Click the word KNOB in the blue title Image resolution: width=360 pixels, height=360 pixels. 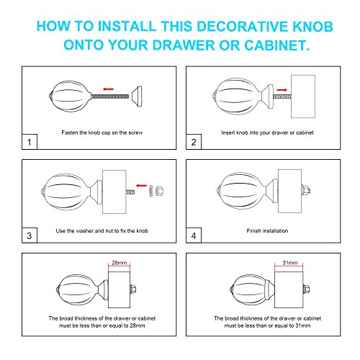click(x=312, y=26)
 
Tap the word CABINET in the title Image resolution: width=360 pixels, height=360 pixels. click(x=277, y=45)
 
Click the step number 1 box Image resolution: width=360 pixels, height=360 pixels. click(x=30, y=142)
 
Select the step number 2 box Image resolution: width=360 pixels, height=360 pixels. click(x=194, y=142)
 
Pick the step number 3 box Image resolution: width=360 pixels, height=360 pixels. click(x=30, y=235)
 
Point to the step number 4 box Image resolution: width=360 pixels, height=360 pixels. click(x=194, y=235)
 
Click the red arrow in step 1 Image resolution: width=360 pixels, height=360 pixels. click(x=108, y=89)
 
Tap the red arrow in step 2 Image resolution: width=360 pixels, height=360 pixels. click(x=282, y=90)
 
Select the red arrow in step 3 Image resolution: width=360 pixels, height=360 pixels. click(x=141, y=185)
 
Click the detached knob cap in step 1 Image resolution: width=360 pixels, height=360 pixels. click(x=137, y=96)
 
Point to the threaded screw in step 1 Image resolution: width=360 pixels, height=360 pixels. click(x=109, y=96)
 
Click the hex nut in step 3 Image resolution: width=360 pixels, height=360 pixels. click(x=159, y=191)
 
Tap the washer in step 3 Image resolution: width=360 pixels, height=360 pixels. click(x=151, y=191)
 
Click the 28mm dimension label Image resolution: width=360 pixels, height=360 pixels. click(x=120, y=263)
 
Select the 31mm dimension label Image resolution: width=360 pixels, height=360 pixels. click(x=290, y=263)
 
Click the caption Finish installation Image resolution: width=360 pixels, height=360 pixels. click(x=267, y=230)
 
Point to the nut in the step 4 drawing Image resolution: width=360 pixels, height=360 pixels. click(x=306, y=191)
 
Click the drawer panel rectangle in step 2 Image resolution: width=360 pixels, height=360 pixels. click(x=303, y=96)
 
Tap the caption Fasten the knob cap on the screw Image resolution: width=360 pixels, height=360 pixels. click(x=102, y=132)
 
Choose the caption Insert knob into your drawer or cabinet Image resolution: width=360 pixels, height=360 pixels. click(x=267, y=132)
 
